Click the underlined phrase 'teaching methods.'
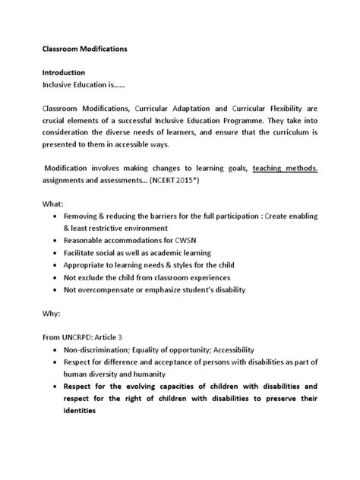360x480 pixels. (x=285, y=171)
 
